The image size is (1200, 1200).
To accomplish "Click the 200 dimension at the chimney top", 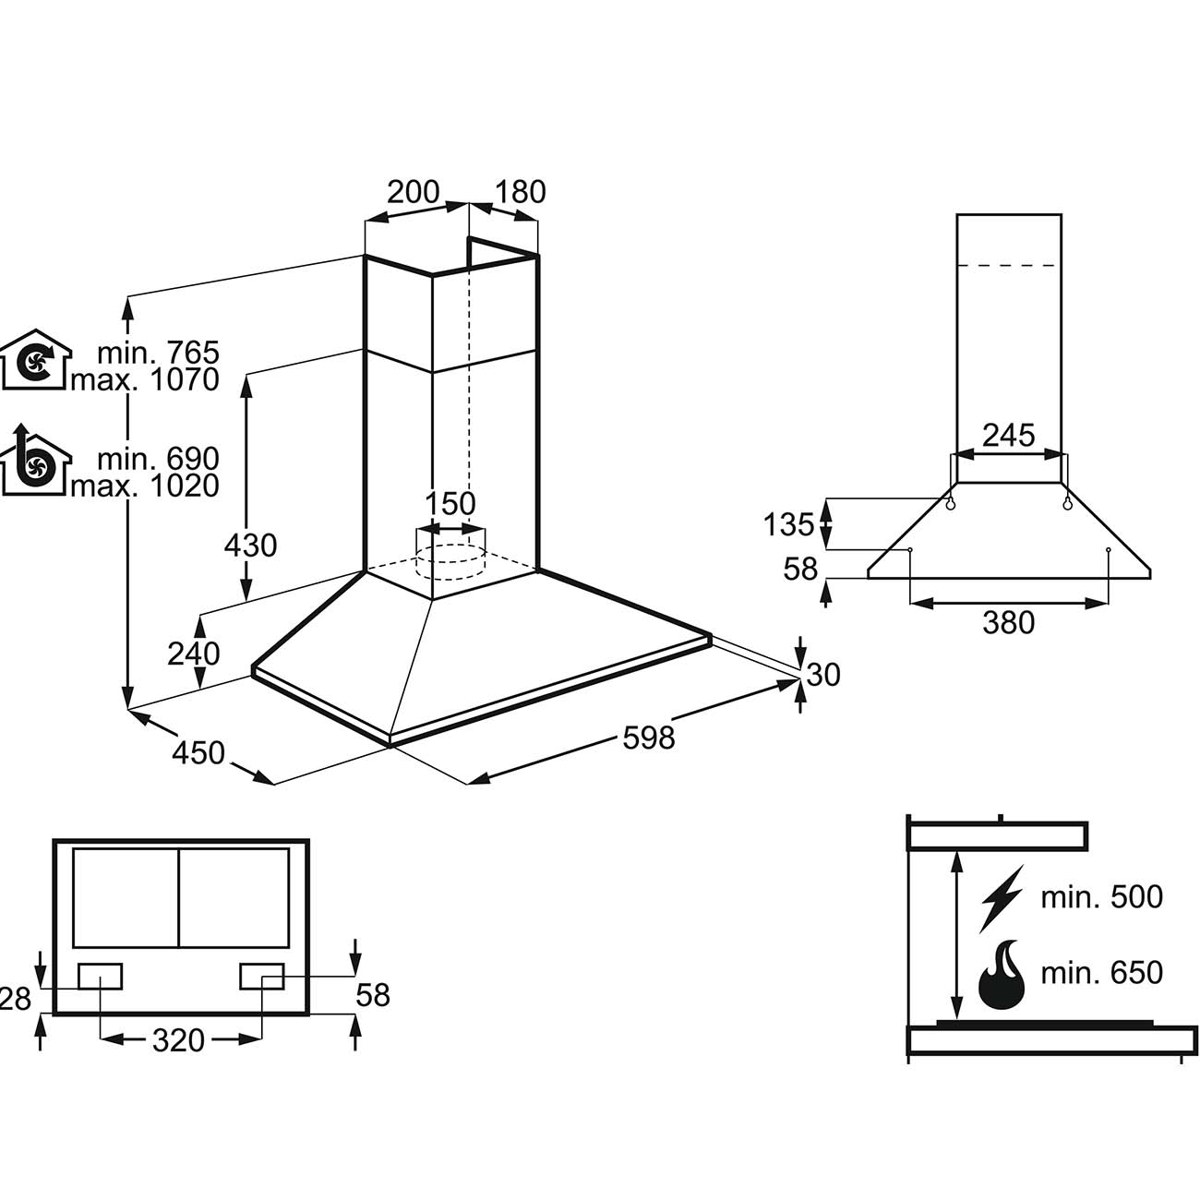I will pos(412,192).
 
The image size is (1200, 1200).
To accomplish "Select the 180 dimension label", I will pos(521,192).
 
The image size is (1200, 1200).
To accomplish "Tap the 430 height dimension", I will pos(250,546).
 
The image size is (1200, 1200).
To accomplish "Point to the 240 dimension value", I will pos(194,654).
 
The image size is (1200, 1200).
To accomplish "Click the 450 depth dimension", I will pos(198,753).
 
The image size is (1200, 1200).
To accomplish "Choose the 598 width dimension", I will pos(649,738).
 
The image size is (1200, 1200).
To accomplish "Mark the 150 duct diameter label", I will pos(450,504).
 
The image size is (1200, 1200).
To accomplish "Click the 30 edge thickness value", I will pos(823,675).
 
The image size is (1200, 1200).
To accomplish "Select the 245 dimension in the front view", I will pos(1008,435).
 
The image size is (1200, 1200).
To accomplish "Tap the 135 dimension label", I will pos(789,524).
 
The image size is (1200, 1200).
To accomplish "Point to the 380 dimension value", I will pos(1008,624).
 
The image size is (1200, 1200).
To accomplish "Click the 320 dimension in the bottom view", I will pos(178,1040).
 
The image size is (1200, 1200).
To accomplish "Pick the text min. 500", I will pos(1101,896).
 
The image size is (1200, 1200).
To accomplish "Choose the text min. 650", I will pos(1101,972).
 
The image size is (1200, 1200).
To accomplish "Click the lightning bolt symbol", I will pos(1001,897).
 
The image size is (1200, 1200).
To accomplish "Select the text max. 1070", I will pos(145,379).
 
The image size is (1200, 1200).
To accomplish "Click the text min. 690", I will pos(159,458).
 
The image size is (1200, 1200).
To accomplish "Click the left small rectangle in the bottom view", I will pos(100,976).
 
